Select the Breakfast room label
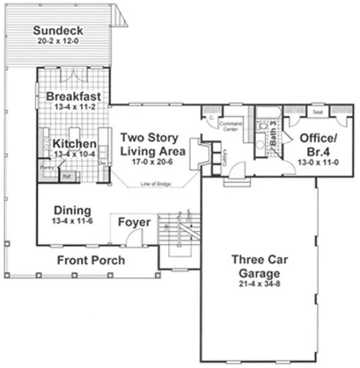pos(73,96)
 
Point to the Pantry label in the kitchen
pos(45,166)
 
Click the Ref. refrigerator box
pos(67,176)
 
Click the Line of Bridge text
pos(156,183)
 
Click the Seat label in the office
pos(318,112)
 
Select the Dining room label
pos(72,211)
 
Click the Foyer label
pos(134,222)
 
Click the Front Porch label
pos(91,260)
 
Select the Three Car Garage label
pos(256,267)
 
